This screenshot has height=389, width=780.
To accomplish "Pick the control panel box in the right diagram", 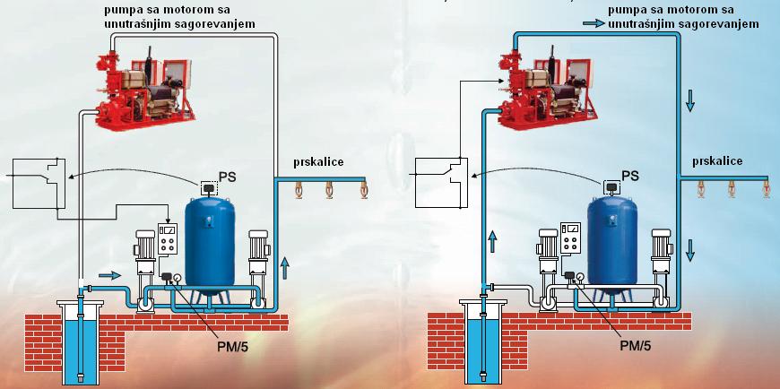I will point(572,237).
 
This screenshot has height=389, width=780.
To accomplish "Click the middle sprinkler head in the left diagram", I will point(328,194).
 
